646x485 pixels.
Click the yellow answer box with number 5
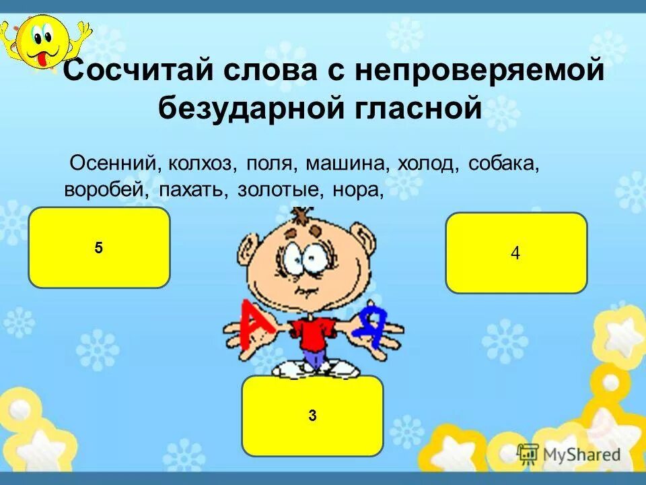[x=99, y=248]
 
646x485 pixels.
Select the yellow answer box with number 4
[x=516, y=253]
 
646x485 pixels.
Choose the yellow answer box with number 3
[x=312, y=416]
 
